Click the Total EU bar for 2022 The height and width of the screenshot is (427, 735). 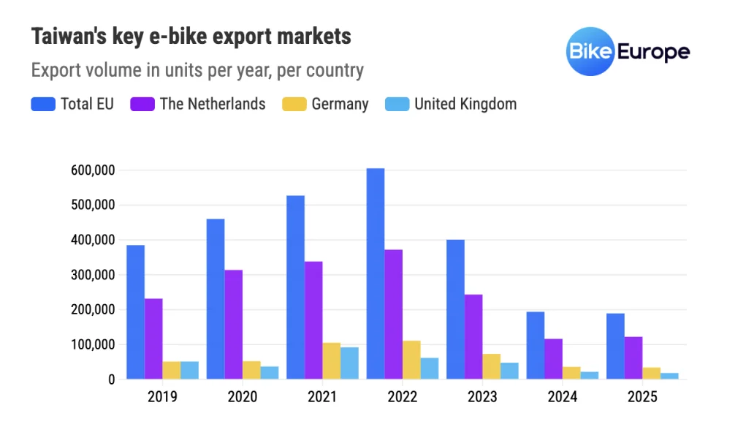[x=376, y=274]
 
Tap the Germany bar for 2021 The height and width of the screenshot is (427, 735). [x=331, y=361]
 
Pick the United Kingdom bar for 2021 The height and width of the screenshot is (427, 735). [x=349, y=363]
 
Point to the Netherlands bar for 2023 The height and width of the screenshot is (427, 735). [x=473, y=337]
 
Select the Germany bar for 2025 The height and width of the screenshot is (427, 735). [x=652, y=374]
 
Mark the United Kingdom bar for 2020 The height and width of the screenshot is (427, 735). [x=270, y=373]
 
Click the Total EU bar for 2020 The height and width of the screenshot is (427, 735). [x=216, y=299]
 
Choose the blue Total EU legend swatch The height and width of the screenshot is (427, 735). [x=43, y=105]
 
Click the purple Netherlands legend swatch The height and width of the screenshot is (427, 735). [x=142, y=105]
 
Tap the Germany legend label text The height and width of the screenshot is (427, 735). [x=340, y=104]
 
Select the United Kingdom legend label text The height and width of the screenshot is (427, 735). [x=465, y=104]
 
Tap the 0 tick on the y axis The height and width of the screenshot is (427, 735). [x=111, y=379]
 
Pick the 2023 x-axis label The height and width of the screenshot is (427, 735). [x=482, y=397]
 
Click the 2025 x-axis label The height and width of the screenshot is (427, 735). [x=642, y=397]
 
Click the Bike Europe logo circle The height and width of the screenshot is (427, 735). [x=590, y=52]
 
